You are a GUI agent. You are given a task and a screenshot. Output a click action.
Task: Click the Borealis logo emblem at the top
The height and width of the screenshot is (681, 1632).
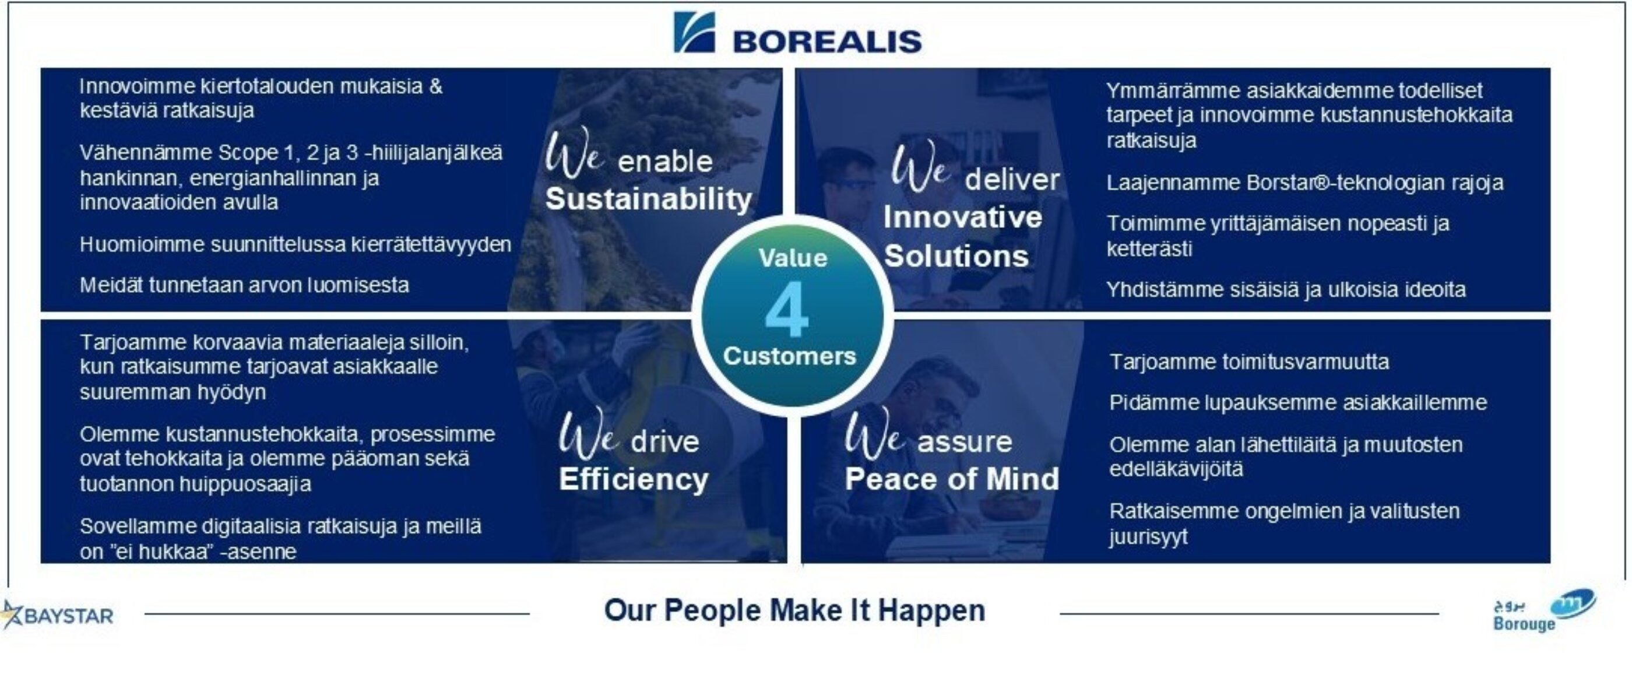pyautogui.click(x=694, y=32)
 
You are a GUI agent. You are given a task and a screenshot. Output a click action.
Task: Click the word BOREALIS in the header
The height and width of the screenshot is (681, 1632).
pyautogui.click(x=826, y=42)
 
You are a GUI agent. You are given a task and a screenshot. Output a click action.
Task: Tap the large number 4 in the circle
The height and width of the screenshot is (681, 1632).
pyautogui.click(x=787, y=310)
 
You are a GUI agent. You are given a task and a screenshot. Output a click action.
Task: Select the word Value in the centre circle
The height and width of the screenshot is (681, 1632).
pyautogui.click(x=793, y=258)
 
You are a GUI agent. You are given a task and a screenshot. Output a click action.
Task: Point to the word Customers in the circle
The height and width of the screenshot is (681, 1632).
pyautogui.click(x=789, y=356)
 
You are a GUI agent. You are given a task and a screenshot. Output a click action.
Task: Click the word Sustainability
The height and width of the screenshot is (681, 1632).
pyautogui.click(x=649, y=199)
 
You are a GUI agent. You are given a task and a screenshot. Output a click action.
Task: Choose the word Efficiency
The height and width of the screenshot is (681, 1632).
pyautogui.click(x=634, y=479)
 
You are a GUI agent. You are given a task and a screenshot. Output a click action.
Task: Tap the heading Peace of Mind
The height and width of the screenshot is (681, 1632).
pyautogui.click(x=952, y=479)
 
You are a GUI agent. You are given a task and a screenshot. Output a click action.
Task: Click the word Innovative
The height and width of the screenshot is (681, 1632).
pyautogui.click(x=962, y=217)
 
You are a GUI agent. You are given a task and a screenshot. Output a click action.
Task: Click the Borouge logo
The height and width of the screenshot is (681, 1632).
pyautogui.click(x=1544, y=610)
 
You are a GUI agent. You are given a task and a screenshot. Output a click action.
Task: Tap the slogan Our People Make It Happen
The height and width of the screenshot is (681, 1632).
pyautogui.click(x=794, y=610)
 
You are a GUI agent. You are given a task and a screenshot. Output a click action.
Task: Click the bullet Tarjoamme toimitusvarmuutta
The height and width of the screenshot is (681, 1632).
pyautogui.click(x=1248, y=361)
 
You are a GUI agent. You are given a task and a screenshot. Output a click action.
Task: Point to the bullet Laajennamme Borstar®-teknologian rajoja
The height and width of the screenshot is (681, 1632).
pyautogui.click(x=1304, y=182)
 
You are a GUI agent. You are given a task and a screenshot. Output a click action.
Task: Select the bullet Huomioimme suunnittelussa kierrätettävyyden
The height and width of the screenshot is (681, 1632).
pyautogui.click(x=296, y=244)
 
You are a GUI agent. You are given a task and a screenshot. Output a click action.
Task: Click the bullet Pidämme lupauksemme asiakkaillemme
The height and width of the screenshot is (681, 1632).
pyautogui.click(x=1297, y=403)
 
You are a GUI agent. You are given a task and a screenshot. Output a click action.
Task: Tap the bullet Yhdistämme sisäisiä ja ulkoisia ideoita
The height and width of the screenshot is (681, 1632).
pyautogui.click(x=1285, y=290)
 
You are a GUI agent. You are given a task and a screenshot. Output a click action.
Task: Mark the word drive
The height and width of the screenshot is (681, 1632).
pyautogui.click(x=664, y=441)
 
